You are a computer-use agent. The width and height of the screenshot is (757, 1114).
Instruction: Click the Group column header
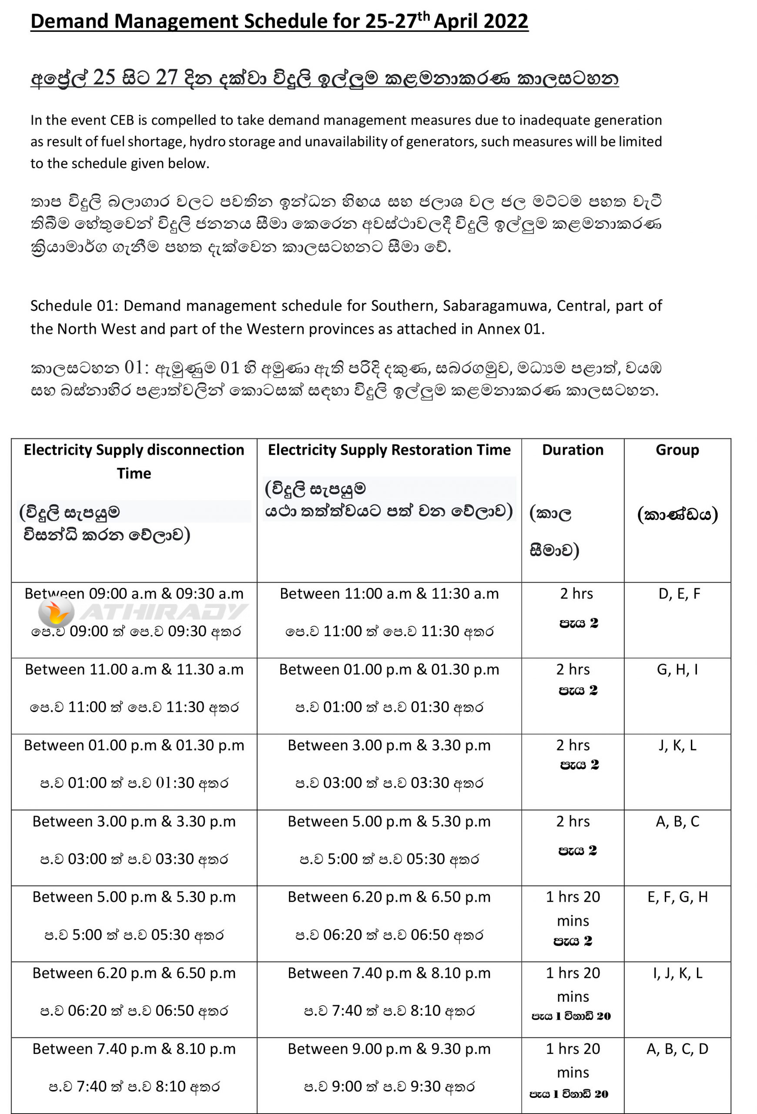point(677,450)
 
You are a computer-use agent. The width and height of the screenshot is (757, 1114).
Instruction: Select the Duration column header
point(573,450)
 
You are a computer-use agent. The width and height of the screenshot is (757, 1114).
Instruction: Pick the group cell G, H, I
point(677,670)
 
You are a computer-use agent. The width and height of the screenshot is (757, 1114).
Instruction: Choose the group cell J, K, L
point(677,745)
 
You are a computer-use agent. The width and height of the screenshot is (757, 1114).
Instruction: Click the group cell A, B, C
point(677,822)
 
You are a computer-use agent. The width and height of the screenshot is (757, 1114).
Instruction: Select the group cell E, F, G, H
point(677,897)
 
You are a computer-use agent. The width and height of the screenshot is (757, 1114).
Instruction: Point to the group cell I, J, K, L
point(677,973)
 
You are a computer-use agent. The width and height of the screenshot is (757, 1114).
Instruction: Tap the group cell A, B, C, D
point(677,1049)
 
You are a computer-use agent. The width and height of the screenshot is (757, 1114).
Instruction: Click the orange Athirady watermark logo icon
point(56,612)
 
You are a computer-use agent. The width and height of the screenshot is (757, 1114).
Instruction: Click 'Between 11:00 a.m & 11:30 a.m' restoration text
point(389,594)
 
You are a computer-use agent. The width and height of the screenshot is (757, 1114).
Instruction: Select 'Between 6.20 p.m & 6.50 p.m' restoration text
point(389,897)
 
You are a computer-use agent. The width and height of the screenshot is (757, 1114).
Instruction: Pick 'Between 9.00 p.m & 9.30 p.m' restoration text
point(389,1049)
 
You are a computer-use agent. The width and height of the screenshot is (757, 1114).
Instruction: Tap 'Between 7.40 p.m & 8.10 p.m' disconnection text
point(134,1049)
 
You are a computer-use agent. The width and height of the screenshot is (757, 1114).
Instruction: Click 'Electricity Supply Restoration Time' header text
point(389,450)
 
